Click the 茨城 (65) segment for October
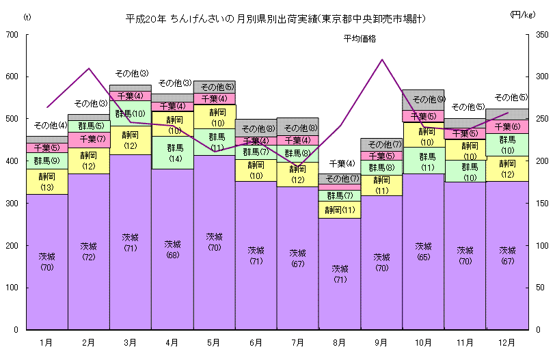coord(424,251)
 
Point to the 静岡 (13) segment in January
coord(46,182)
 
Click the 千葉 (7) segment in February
coord(89,139)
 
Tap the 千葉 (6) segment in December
coord(507,126)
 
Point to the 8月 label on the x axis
coord(340,341)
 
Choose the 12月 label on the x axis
coord(507,341)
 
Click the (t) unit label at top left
coord(27,16)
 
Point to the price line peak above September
coord(382,59)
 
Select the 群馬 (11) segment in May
coord(215,142)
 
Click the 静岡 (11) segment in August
coord(340,210)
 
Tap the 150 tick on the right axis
coord(541,204)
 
